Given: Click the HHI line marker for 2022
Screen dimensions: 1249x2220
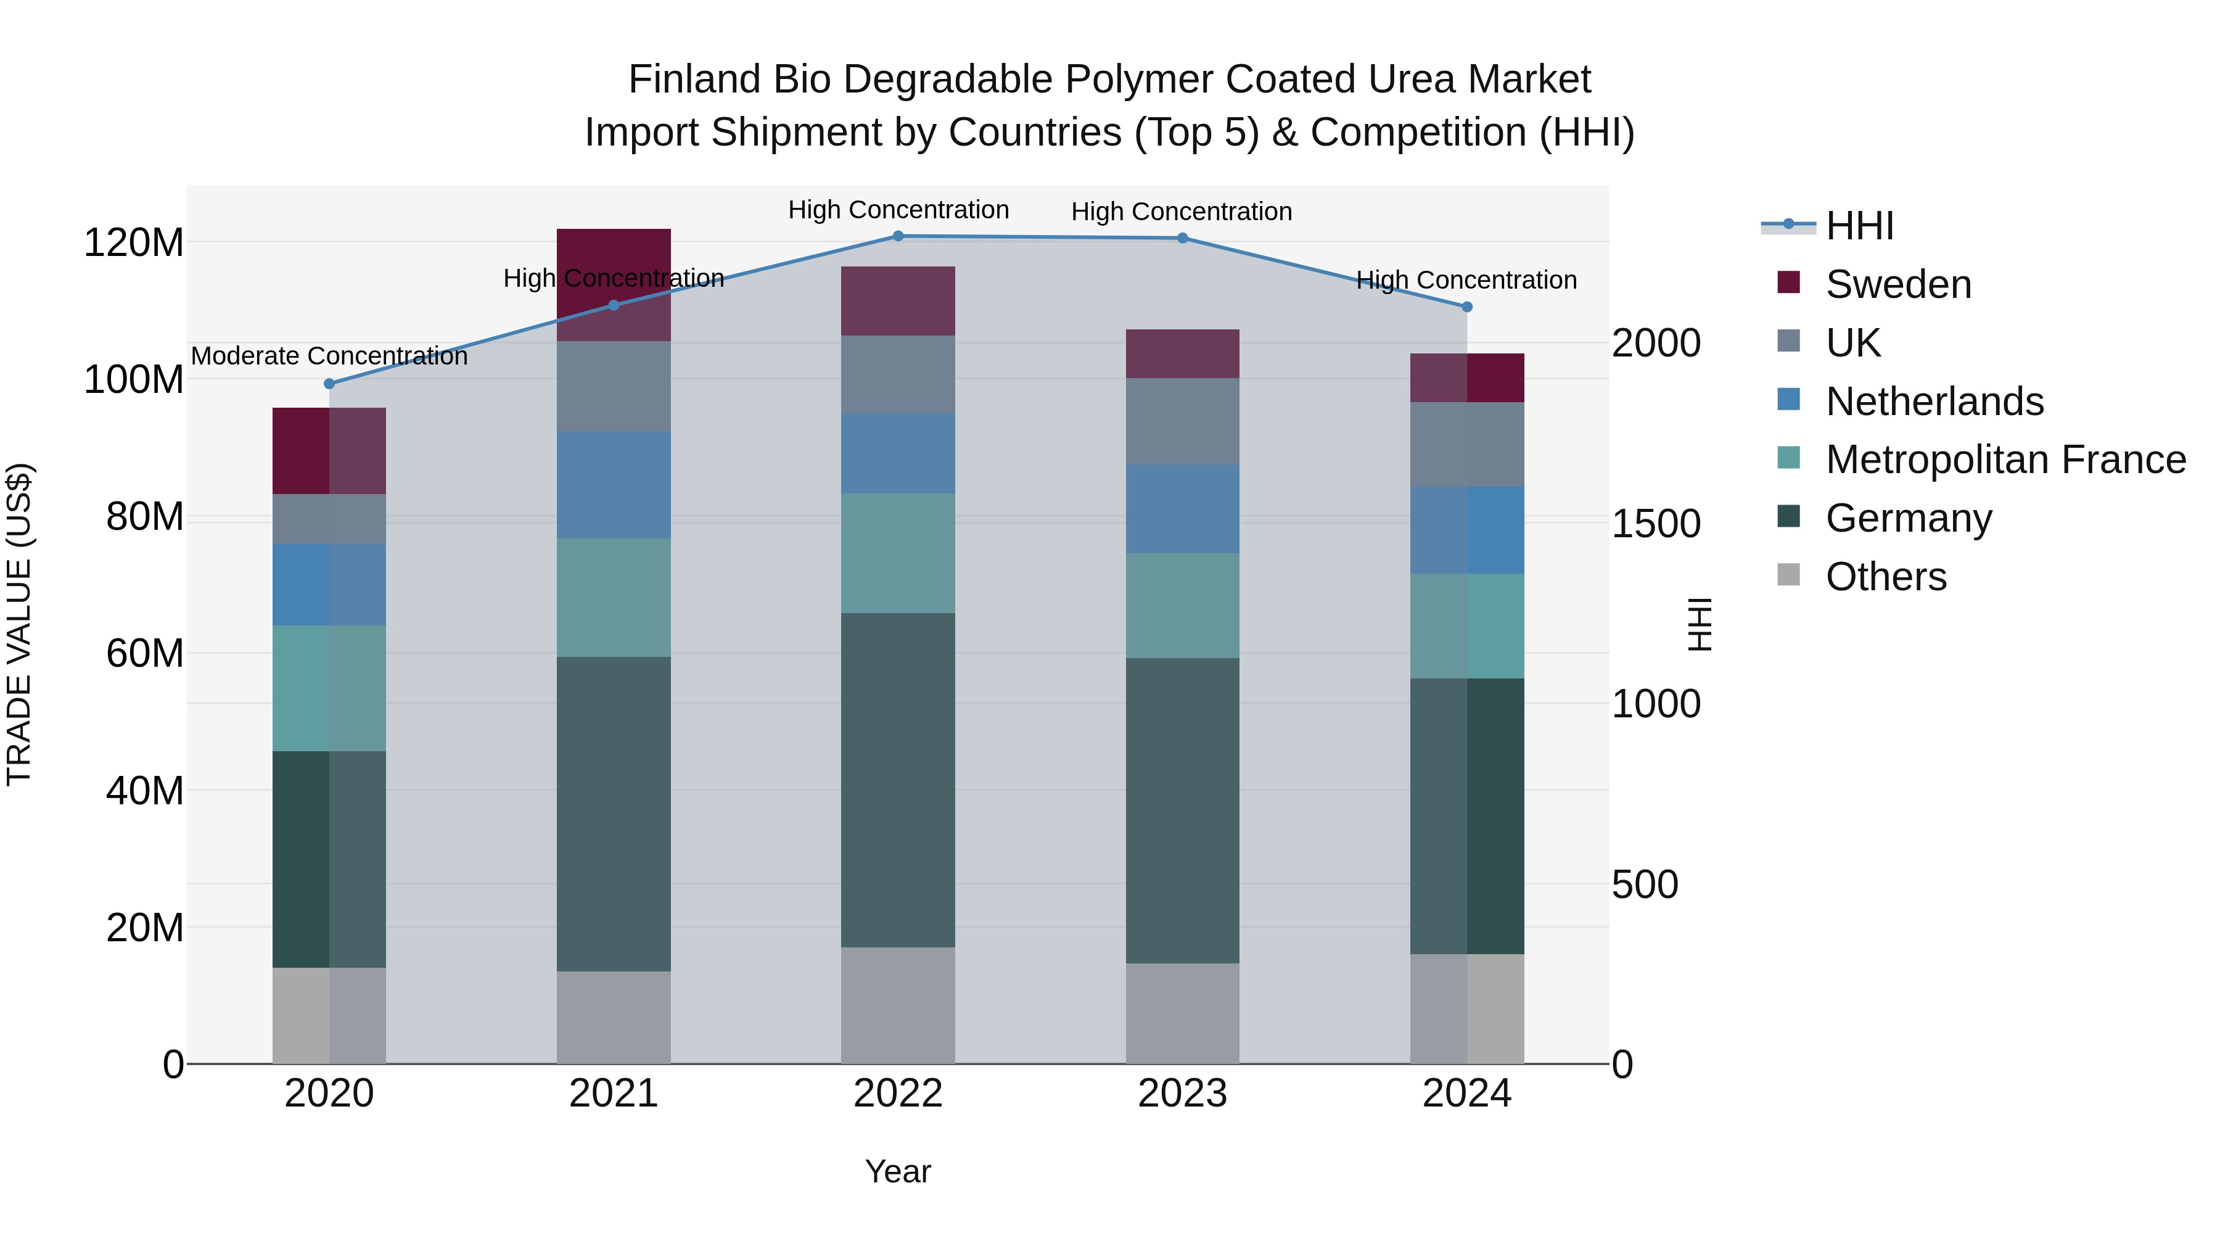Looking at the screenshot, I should pos(898,236).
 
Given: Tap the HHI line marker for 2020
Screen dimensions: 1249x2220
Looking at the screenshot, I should pos(329,384).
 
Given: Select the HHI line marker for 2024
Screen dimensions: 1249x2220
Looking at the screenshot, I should pos(1467,307).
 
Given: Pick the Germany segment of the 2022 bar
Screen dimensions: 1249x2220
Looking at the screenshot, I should pos(898,780).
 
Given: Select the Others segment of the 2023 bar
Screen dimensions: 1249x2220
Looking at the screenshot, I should pos(1182,1013).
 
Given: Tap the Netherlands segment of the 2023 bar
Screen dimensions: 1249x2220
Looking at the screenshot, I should pos(1182,509).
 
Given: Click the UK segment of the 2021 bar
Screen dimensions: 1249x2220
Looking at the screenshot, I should pos(614,386).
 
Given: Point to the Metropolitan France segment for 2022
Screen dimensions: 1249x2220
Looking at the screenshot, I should pos(898,553).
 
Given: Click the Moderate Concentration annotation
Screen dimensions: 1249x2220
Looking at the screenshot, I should pos(329,356).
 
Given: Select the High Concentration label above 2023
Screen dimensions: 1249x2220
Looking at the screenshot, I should pos(1182,212).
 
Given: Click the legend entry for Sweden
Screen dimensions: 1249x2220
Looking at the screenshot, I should pos(1897,284).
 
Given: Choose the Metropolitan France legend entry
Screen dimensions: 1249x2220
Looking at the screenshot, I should pos(2005,460).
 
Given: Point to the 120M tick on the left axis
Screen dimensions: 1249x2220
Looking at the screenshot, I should pos(134,243).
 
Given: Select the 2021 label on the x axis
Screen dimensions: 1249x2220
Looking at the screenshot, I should pos(614,1094).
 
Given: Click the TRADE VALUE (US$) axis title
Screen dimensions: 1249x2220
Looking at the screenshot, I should pos(19,624).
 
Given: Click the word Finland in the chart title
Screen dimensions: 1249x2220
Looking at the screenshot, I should pos(694,80).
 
